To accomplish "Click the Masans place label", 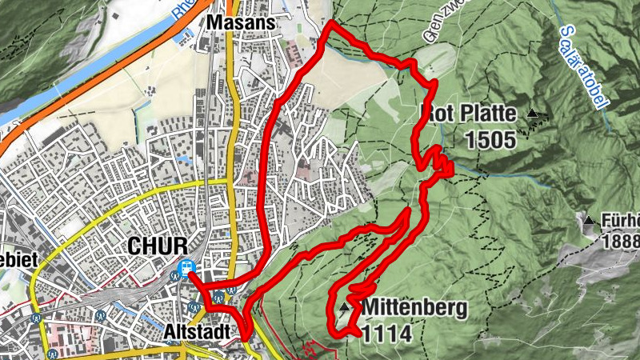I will [240, 23].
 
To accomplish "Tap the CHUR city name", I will [157, 245].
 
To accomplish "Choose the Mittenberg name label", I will [413, 307].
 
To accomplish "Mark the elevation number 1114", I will [387, 332].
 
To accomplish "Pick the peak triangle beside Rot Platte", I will [533, 114].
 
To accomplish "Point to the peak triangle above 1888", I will [590, 220].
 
